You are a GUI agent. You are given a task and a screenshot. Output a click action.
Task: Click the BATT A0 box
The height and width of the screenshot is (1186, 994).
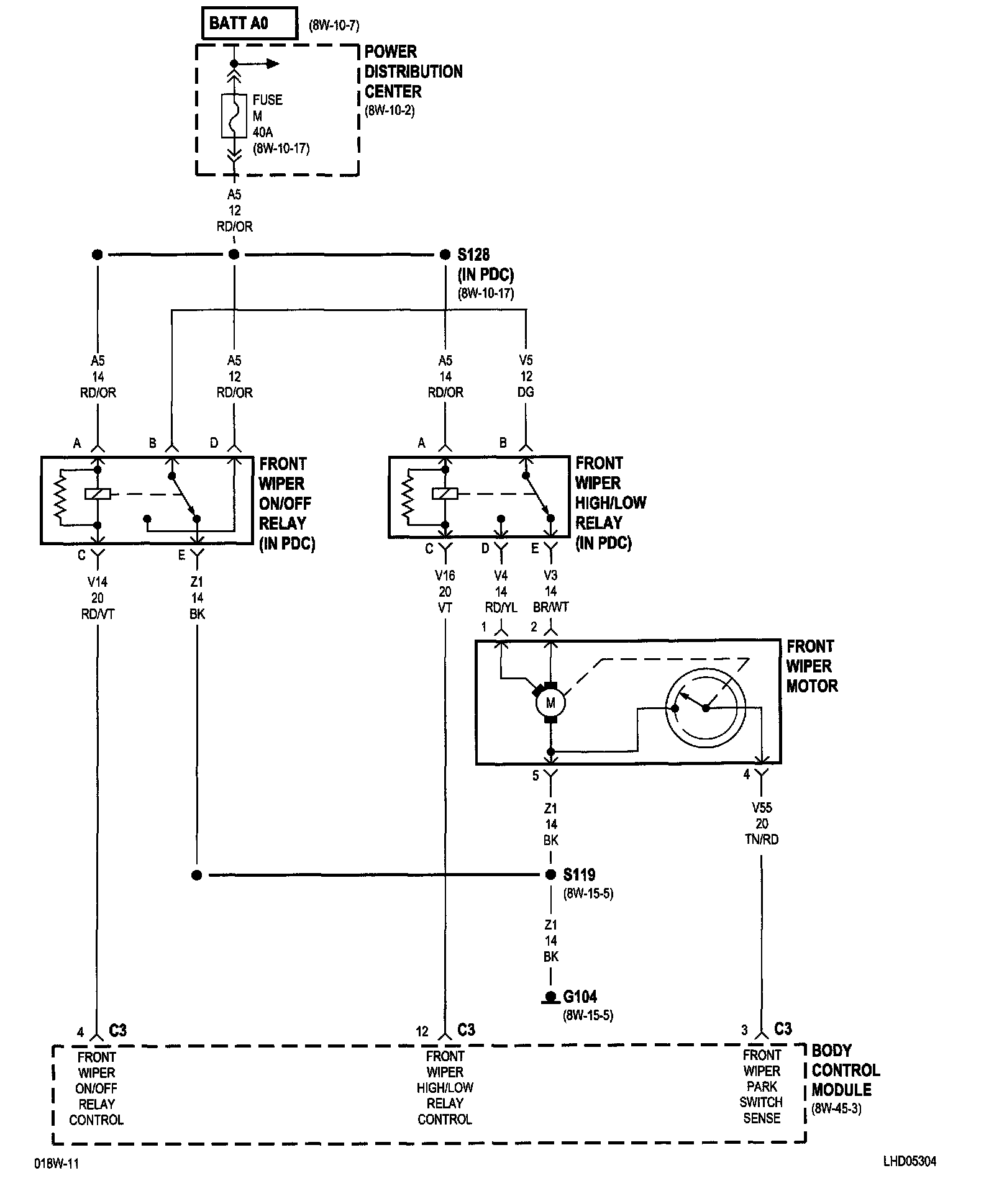click(x=249, y=24)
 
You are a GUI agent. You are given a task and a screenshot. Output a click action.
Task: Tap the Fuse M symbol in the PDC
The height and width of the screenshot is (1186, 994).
click(x=234, y=115)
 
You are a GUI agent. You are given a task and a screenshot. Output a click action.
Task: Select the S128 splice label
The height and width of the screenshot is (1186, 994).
click(x=473, y=255)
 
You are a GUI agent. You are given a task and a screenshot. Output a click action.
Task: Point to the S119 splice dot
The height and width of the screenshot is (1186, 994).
click(x=550, y=875)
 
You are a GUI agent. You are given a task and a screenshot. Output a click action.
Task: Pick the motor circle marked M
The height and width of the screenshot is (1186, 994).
click(x=550, y=704)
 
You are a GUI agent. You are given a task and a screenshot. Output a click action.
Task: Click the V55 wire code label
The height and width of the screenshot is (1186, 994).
click(x=762, y=808)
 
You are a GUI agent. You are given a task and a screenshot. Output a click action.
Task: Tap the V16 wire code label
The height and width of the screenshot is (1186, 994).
click(x=445, y=576)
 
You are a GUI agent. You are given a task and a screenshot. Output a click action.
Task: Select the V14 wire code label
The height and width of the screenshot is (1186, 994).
click(x=98, y=582)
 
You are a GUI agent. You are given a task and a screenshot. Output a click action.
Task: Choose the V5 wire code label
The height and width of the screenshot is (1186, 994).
click(x=526, y=360)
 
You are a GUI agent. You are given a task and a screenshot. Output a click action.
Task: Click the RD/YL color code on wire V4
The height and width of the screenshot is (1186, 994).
click(x=501, y=607)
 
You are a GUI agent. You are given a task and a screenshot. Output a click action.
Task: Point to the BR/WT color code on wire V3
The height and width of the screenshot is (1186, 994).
click(x=551, y=607)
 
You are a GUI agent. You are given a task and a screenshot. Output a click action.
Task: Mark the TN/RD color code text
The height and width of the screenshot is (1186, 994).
click(x=762, y=840)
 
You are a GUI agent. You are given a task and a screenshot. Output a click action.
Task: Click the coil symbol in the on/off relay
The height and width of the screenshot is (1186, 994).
click(x=98, y=494)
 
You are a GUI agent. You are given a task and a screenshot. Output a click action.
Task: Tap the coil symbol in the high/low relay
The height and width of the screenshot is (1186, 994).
click(x=445, y=494)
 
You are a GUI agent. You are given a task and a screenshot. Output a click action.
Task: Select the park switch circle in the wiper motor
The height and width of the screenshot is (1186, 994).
click(x=705, y=708)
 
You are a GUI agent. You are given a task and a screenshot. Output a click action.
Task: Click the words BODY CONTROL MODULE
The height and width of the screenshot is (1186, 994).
click(x=845, y=1070)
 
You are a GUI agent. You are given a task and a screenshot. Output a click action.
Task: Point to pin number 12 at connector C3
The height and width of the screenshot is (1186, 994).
click(x=422, y=1031)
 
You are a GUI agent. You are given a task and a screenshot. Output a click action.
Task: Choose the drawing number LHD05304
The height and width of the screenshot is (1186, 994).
click(x=910, y=1161)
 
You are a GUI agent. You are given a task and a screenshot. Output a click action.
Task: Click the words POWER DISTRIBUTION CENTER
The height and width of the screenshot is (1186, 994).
click(x=413, y=71)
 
